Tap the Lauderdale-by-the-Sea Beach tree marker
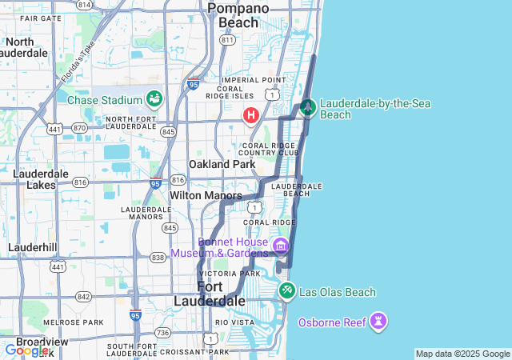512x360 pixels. pyautogui.click(x=308, y=108)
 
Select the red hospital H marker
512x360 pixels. pyautogui.click(x=251, y=116)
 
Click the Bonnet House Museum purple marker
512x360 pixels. pyautogui.click(x=280, y=244)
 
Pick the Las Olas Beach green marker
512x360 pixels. pyautogui.click(x=286, y=291)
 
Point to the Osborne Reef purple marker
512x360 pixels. pyautogui.click(x=378, y=322)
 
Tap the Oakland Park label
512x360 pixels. pyautogui.click(x=222, y=164)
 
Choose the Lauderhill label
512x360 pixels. pyautogui.click(x=32, y=247)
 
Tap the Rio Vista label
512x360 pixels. pyautogui.click(x=234, y=322)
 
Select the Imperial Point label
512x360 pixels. pyautogui.click(x=254, y=80)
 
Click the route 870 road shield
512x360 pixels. pyautogui.click(x=78, y=128)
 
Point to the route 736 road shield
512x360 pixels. pyautogui.click(x=163, y=332)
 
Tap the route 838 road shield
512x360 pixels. pyautogui.click(x=158, y=257)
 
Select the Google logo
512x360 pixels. pyautogui.click(x=26, y=350)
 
